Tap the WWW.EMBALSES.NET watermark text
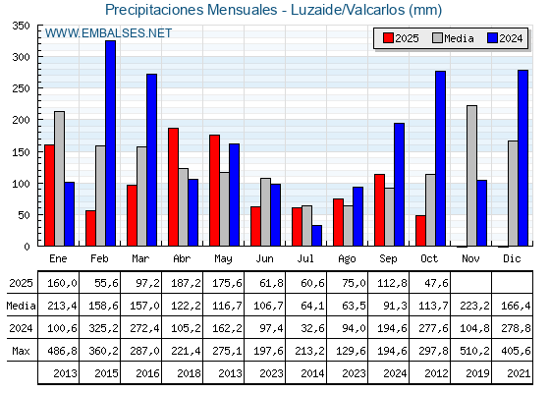tap(108, 33)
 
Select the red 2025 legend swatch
tap(388, 38)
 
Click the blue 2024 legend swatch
tap(492, 38)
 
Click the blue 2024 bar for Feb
tap(111, 143)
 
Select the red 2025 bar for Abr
tap(173, 187)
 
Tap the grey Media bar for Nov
tap(472, 176)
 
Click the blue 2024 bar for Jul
tap(317, 236)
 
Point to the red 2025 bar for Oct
tap(420, 231)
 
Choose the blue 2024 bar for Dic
tap(523, 158)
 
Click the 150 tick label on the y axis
tap(20, 151)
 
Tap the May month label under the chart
tap(224, 257)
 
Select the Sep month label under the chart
tap(389, 257)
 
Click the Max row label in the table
tap(20, 351)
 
